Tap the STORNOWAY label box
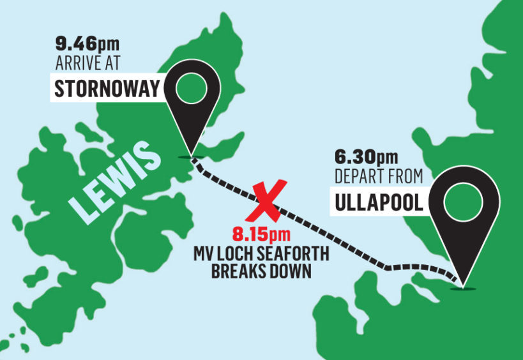105,88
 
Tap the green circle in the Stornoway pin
190,88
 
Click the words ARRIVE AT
86,63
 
